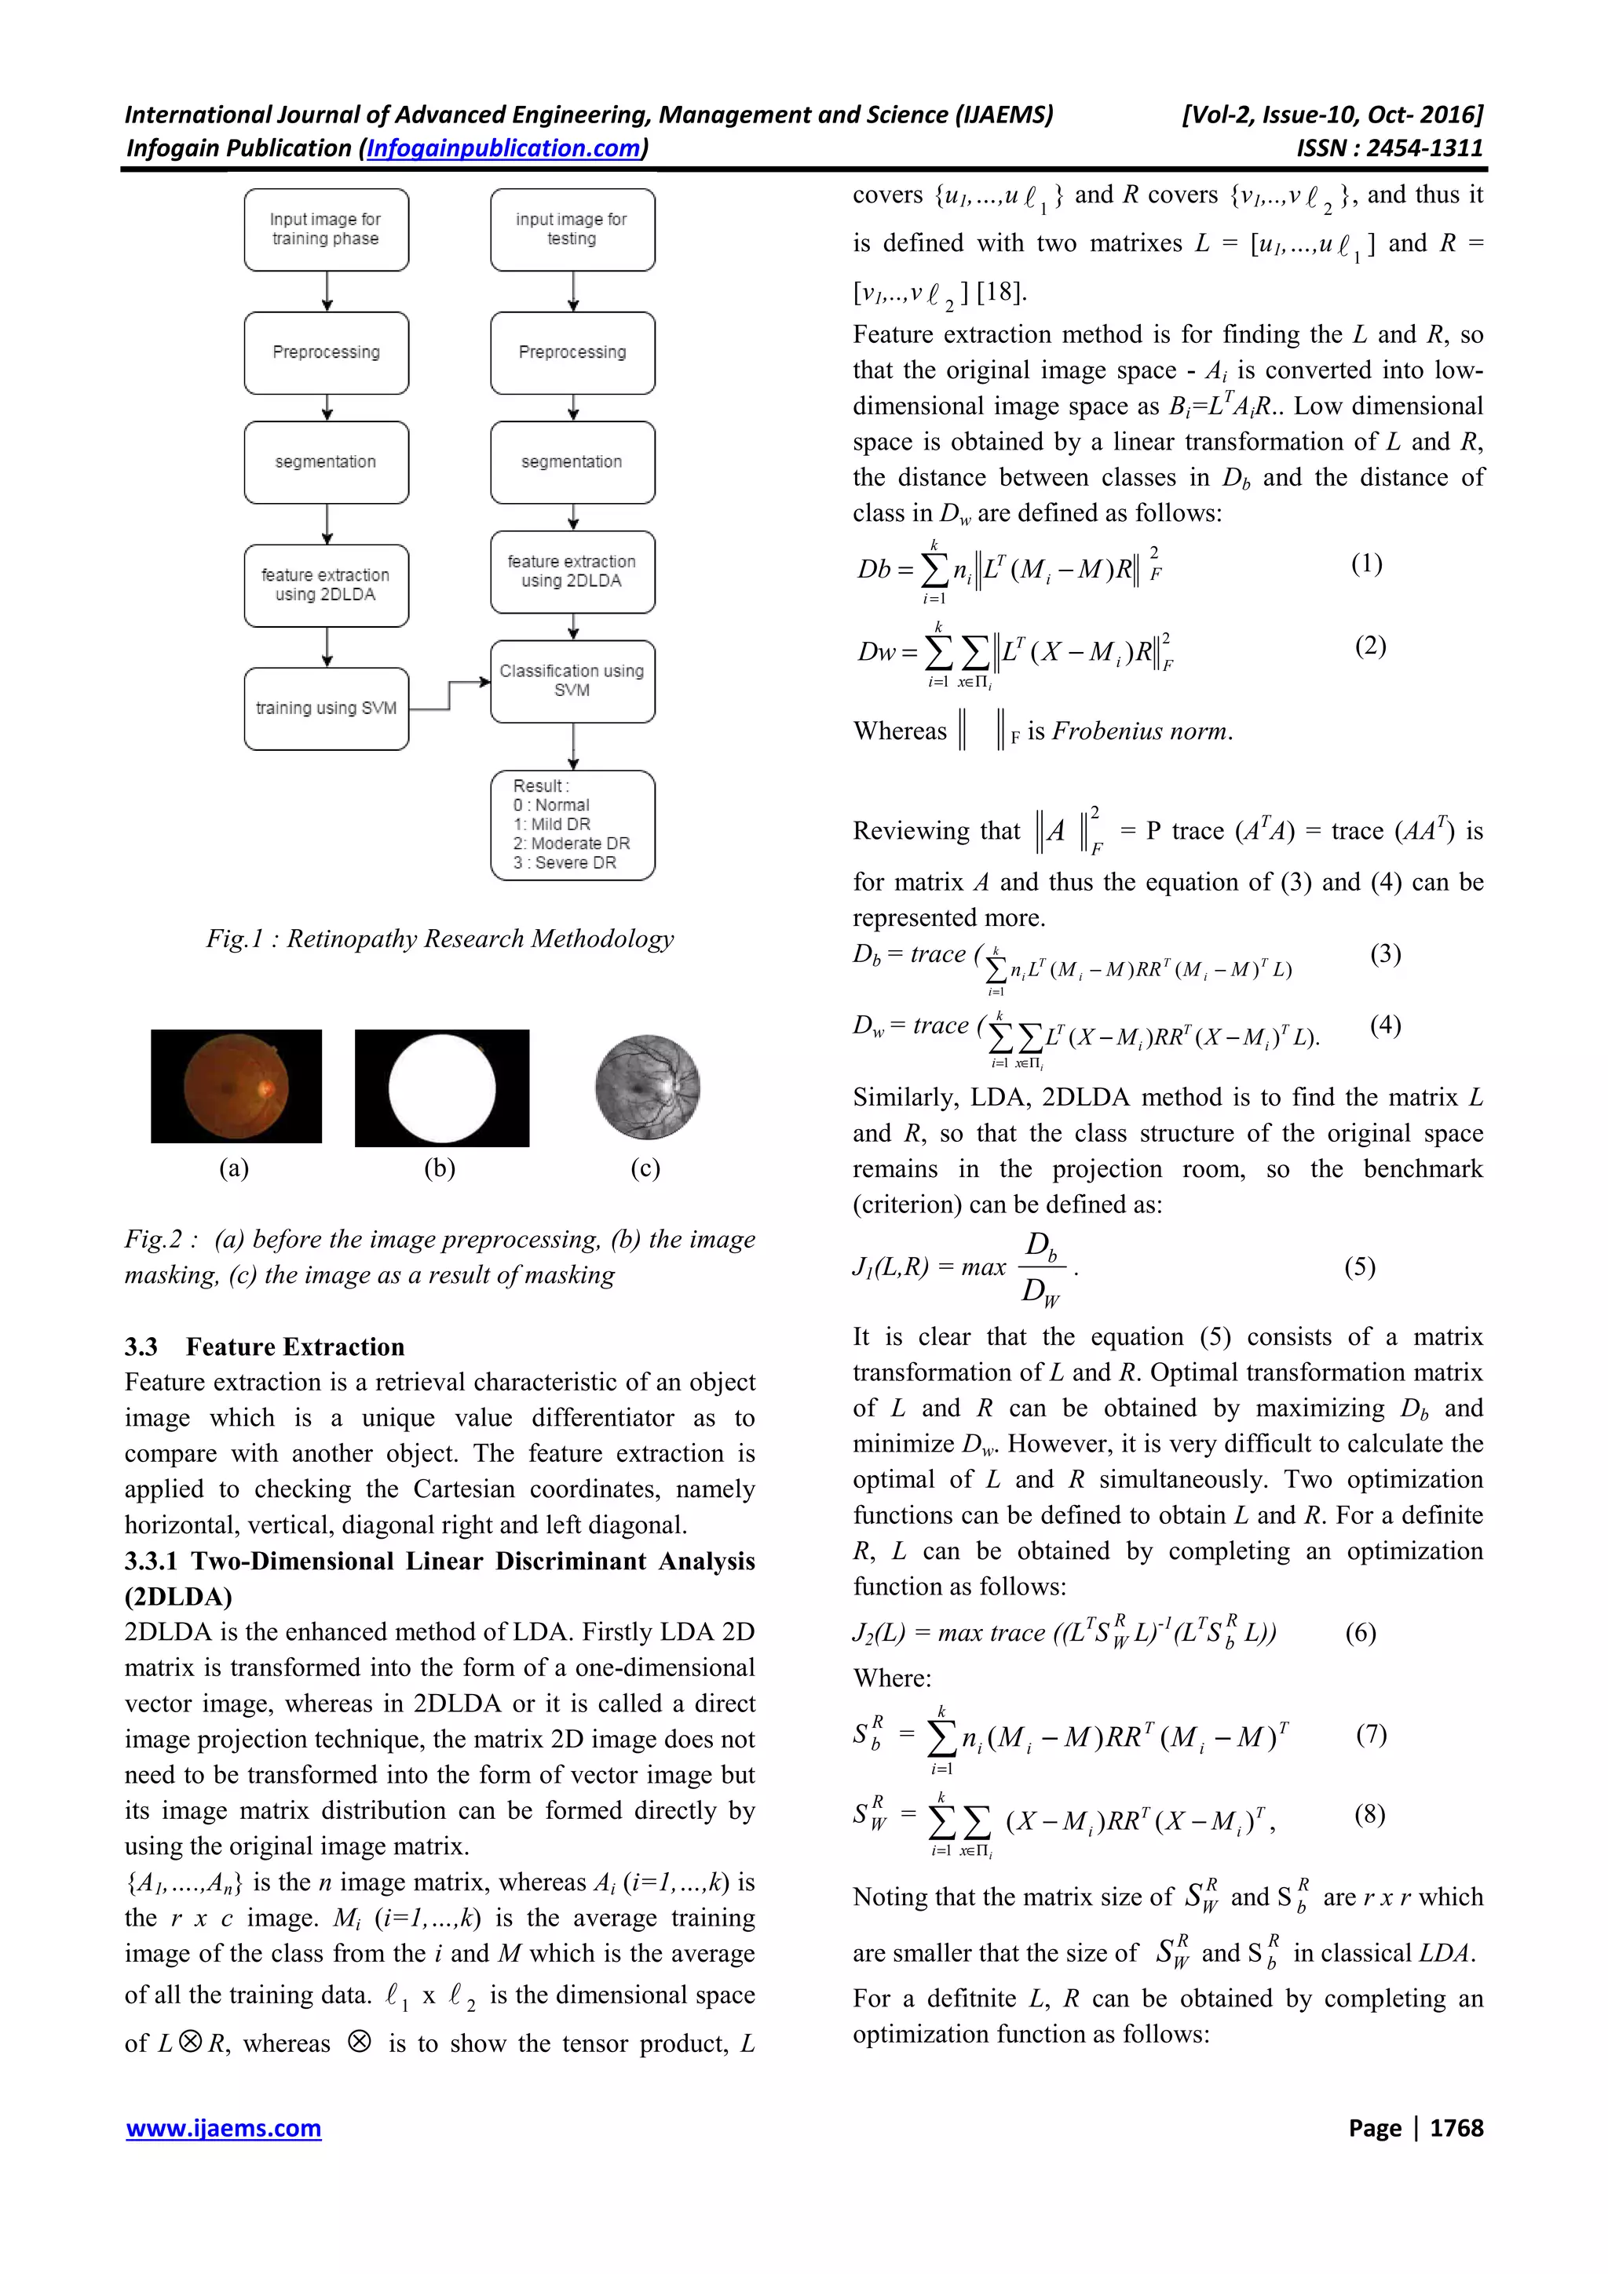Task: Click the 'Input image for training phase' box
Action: pyautogui.click(x=326, y=230)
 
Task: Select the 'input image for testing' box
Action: pyautogui.click(x=572, y=230)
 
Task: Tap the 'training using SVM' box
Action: pyautogui.click(x=326, y=708)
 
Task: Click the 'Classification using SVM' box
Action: pyautogui.click(x=572, y=680)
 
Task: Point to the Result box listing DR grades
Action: pyautogui.click(x=572, y=824)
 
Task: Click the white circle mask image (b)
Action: pyautogui.click(x=442, y=1088)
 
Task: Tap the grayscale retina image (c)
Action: pyautogui.click(x=647, y=1087)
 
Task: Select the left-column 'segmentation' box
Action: pyautogui.click(x=326, y=461)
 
